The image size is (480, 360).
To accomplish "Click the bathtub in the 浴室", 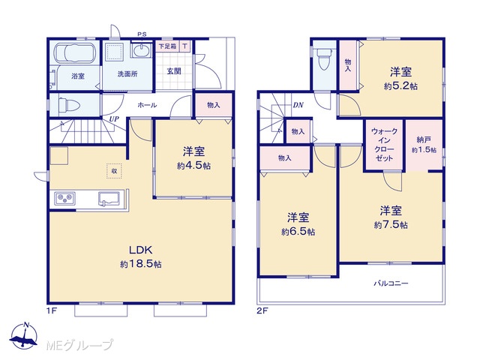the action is [74, 53].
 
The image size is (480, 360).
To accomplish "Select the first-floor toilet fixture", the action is [68, 105].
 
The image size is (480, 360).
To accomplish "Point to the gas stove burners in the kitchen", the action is [64, 199].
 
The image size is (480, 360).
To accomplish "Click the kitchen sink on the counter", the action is [109, 199].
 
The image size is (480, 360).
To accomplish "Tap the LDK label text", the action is [141, 250].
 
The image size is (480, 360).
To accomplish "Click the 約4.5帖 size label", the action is [193, 166].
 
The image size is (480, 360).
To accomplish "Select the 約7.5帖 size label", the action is [391, 225].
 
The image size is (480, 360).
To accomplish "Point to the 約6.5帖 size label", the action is [298, 232].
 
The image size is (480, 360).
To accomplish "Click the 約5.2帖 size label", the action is [400, 86].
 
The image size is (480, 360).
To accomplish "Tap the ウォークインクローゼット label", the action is [385, 145].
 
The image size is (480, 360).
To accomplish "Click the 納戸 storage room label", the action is [424, 140].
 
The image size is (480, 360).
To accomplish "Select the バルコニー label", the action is [391, 283].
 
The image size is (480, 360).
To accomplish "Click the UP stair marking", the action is [114, 119].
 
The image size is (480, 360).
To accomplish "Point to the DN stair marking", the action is [298, 105].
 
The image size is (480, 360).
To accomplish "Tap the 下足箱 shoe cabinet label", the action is [167, 46].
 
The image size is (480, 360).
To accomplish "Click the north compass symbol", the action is [23, 336].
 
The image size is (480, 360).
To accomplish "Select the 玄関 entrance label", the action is [174, 71].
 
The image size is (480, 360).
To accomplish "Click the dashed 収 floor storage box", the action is [114, 171].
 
